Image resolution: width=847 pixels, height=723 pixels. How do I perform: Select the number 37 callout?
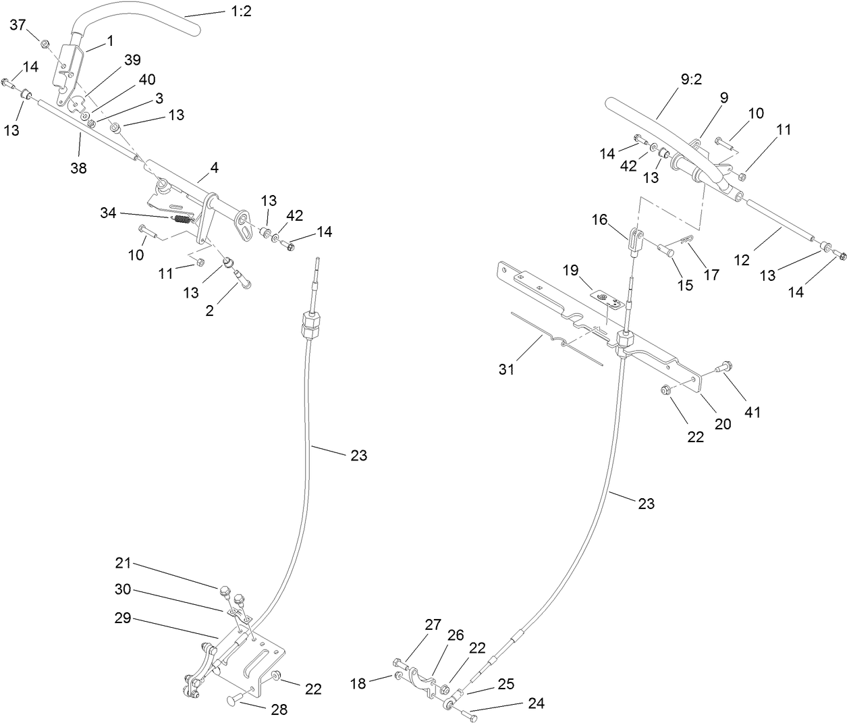tap(18, 25)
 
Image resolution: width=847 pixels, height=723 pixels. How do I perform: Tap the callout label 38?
tap(79, 168)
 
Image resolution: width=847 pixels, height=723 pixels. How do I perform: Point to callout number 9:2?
tap(687, 79)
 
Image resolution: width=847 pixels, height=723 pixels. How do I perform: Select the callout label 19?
tap(570, 271)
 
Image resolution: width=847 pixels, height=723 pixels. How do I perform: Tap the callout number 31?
tap(507, 369)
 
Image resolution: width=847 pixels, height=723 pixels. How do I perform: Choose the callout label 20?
tap(723, 423)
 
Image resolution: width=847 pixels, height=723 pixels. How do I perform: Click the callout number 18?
tap(358, 683)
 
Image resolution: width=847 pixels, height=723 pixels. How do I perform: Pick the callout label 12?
tap(742, 259)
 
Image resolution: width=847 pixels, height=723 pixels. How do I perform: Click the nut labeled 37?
tap(45, 44)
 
